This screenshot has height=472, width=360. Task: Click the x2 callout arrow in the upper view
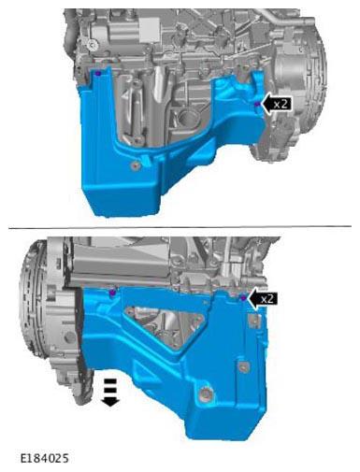click(276, 104)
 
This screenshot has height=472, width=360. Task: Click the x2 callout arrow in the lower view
click(264, 299)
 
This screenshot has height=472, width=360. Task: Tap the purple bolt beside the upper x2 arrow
click(257, 105)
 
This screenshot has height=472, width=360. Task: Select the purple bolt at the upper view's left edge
click(98, 74)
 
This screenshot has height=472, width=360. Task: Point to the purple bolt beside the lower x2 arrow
click(244, 298)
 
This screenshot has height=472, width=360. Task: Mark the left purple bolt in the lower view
click(112, 293)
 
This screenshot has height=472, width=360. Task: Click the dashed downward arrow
click(110, 393)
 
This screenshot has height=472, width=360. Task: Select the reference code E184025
click(45, 458)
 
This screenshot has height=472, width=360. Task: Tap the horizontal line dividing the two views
click(180, 227)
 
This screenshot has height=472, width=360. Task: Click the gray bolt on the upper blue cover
click(136, 165)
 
